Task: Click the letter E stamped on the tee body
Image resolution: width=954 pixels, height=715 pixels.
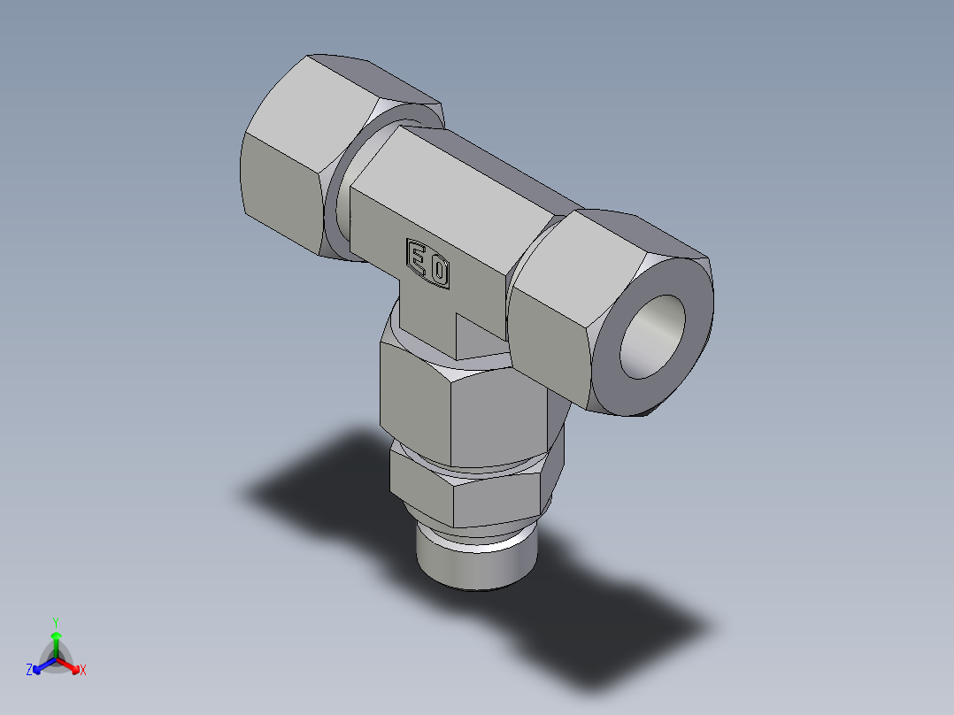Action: tap(417, 258)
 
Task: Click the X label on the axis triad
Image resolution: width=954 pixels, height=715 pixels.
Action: tap(83, 670)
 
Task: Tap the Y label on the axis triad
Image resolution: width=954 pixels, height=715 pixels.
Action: tap(56, 621)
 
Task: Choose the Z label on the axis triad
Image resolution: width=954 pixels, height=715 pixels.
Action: tap(29, 670)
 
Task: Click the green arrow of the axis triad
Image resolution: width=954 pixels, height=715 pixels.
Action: tap(56, 641)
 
